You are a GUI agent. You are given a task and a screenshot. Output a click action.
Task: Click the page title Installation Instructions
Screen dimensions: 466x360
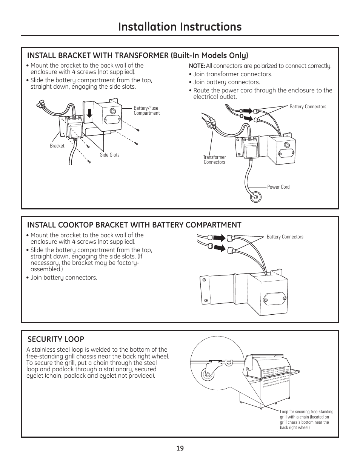180,26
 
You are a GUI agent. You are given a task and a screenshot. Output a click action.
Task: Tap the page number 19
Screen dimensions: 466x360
180,448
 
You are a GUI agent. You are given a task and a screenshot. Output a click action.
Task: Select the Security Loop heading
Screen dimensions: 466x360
55,339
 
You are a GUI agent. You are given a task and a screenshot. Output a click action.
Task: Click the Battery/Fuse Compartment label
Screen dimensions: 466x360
146,111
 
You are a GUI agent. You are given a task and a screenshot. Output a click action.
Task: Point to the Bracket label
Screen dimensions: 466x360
57,146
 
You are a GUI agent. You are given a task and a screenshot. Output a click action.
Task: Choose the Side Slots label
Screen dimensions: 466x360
109,155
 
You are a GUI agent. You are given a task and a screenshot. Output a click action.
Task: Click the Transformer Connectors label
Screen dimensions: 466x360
214,160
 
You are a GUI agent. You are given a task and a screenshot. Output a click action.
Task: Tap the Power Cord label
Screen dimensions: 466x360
278,187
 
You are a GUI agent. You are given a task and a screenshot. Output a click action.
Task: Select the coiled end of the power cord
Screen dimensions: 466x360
255,197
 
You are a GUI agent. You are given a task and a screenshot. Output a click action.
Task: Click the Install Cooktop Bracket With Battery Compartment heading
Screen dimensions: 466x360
134,225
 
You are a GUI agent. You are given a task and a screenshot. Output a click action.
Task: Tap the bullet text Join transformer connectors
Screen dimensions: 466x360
232,74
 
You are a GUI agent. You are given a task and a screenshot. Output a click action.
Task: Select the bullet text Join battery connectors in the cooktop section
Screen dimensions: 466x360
63,278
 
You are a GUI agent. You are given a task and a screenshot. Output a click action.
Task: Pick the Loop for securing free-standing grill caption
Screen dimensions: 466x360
306,420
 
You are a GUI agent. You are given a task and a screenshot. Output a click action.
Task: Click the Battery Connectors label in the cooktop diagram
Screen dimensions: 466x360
285,237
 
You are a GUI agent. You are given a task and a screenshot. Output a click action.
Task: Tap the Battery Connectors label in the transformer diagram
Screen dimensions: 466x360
308,107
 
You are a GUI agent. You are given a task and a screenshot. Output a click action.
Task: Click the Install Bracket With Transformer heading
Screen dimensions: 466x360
137,55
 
